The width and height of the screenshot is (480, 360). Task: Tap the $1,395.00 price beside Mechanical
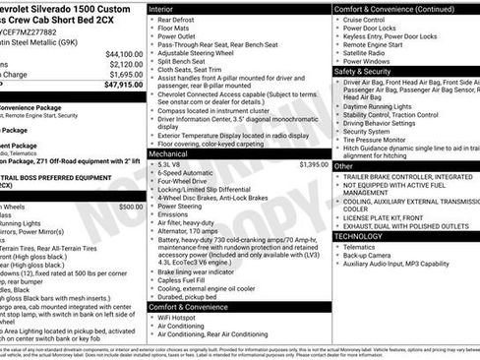(314, 164)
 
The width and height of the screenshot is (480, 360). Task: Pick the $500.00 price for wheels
(131, 208)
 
